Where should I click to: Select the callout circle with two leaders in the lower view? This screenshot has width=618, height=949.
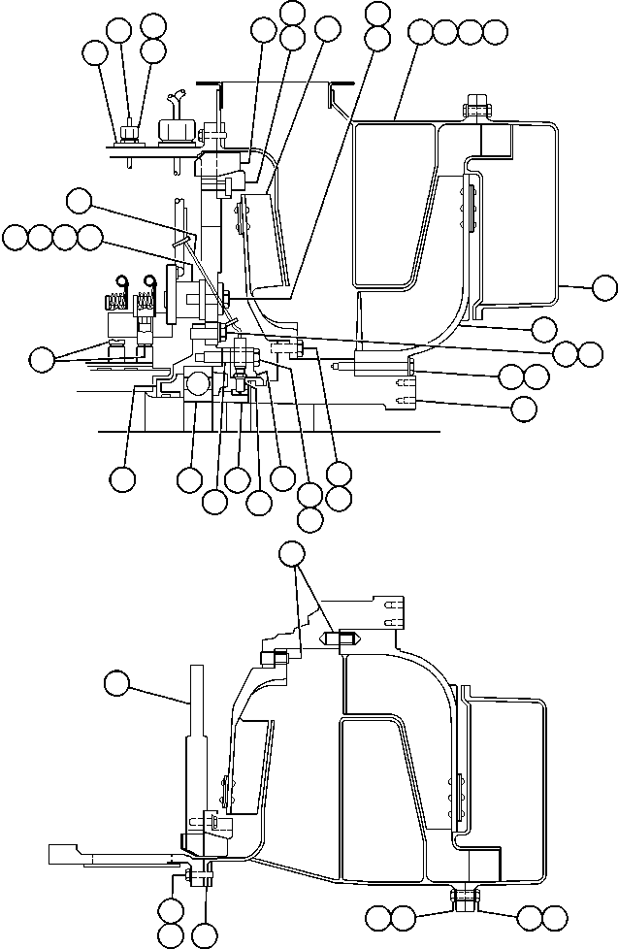(292, 553)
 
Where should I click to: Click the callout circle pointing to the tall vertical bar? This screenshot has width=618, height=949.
(118, 683)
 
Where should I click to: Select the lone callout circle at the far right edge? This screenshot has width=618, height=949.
(604, 286)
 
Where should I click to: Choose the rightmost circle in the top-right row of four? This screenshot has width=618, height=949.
(496, 31)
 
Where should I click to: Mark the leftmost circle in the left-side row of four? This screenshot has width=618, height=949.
(16, 236)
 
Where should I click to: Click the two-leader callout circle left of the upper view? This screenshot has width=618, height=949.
(42, 360)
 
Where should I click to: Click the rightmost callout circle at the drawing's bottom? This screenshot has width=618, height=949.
(554, 917)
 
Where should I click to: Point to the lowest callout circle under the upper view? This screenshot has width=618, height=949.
(309, 518)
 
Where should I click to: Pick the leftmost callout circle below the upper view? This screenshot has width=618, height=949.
(122, 477)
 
